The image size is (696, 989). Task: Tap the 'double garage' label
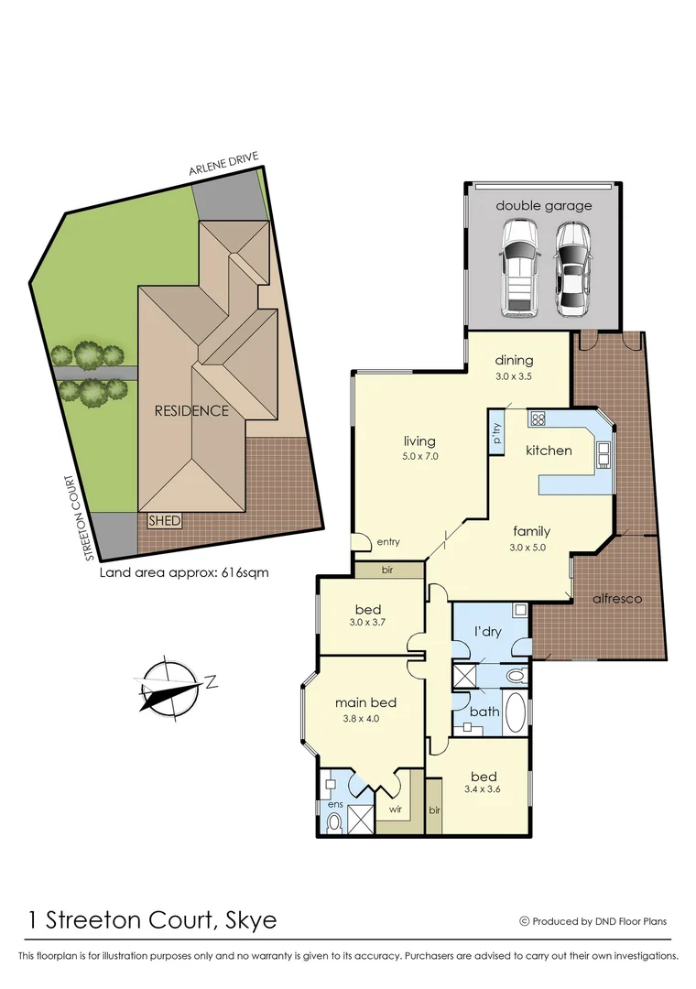coord(544,206)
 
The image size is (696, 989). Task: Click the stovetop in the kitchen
coord(538,419)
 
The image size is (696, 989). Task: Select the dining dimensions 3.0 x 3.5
coord(514,375)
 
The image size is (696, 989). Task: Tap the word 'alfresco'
coord(617,598)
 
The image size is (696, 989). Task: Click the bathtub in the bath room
coord(515,714)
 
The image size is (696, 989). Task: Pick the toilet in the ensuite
coord(334,821)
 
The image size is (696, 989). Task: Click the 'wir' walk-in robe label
coord(396,810)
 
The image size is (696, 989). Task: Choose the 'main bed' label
coord(364,702)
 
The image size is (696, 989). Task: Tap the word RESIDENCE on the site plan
coord(190,410)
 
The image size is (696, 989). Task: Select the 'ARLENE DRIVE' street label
coord(224,168)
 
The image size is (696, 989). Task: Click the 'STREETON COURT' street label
coord(89,517)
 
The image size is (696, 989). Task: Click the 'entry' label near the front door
coord(387,542)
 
